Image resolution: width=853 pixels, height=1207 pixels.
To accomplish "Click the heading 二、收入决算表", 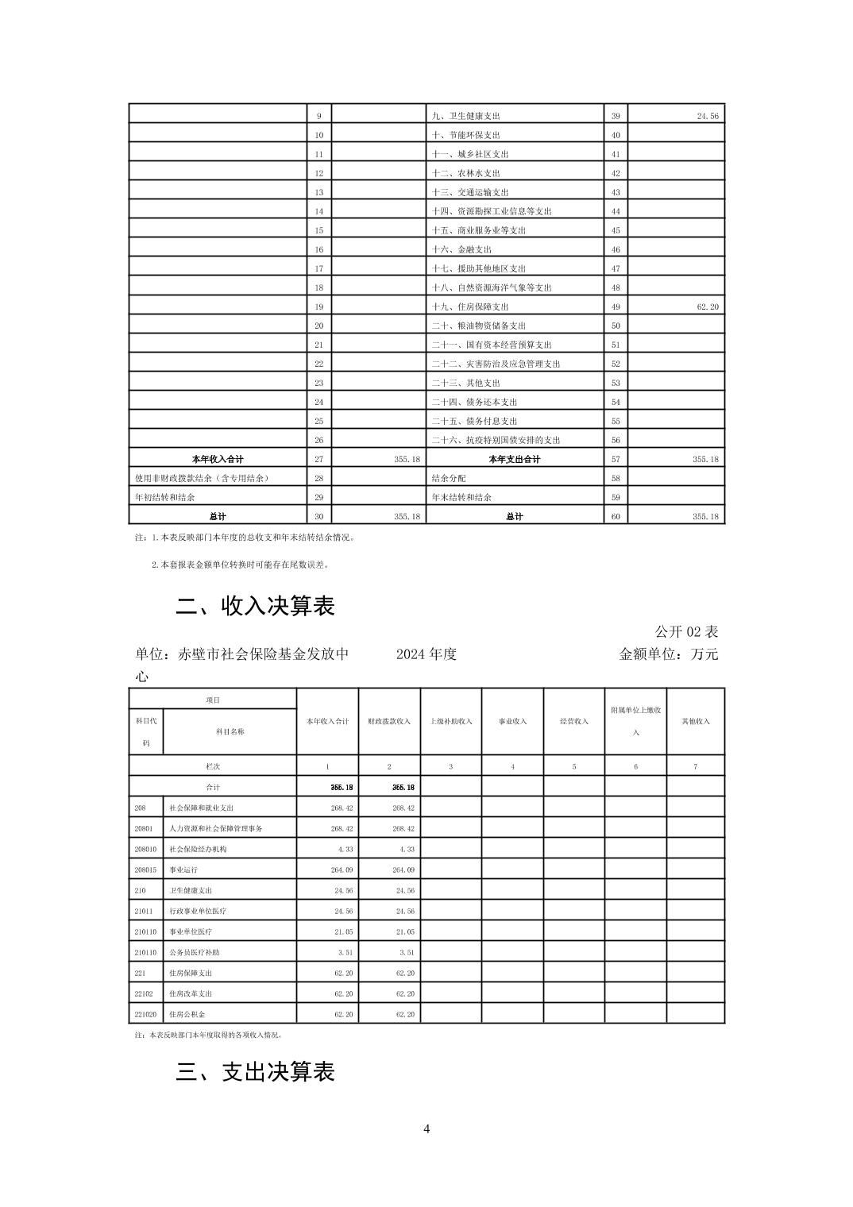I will click(255, 607).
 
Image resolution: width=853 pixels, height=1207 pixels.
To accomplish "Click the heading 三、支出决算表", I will click(255, 1072).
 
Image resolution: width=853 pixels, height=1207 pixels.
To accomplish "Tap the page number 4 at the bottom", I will click(426, 1128).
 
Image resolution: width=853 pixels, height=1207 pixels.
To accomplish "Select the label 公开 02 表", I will click(686, 632).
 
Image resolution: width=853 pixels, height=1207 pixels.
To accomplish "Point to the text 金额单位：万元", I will click(668, 654).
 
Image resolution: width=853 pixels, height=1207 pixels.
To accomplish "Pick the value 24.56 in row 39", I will click(708, 116).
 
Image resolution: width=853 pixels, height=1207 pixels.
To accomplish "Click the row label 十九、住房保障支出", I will click(469, 307).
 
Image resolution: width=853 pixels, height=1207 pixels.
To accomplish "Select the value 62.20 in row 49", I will click(708, 307).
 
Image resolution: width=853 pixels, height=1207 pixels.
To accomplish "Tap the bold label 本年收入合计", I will click(218, 459).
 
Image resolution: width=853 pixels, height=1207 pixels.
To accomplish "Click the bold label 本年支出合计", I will click(515, 459).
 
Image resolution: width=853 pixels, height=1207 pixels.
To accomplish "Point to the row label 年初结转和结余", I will click(165, 497).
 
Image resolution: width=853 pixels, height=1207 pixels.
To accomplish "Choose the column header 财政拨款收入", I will click(389, 721).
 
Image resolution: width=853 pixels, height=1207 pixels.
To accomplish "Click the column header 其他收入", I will click(696, 721).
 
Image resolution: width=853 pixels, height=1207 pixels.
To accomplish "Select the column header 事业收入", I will click(512, 721).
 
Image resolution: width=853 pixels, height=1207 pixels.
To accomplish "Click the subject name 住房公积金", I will click(187, 1014).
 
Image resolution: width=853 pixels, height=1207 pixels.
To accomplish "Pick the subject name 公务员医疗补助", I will click(194, 952).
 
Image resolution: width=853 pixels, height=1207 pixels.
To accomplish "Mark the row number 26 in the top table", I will click(318, 440).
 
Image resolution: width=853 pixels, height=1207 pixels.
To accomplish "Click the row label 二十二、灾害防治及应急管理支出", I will click(496, 364).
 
